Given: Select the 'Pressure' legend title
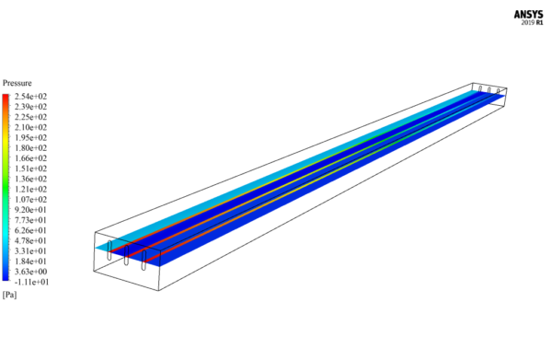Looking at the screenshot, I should click(x=17, y=83).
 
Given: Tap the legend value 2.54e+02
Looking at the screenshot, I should click(x=30, y=97).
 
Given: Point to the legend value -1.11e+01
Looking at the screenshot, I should click(x=30, y=282).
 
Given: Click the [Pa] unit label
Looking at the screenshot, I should click(x=10, y=295).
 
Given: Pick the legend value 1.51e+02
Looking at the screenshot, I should click(x=30, y=168).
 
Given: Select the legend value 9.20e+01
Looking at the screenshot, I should click(x=30, y=210).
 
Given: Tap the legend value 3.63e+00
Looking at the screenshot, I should click(x=30, y=272).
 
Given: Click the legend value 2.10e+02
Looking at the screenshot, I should click(x=30, y=127).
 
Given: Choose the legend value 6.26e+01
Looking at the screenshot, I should click(x=30, y=230).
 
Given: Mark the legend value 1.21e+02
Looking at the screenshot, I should click(x=30, y=189).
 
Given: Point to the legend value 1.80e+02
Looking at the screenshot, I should click(x=30, y=147).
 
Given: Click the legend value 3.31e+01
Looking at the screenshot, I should click(x=30, y=250).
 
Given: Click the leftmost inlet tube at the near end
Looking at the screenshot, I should click(x=110, y=251).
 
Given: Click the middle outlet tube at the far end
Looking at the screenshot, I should click(x=489, y=89).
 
